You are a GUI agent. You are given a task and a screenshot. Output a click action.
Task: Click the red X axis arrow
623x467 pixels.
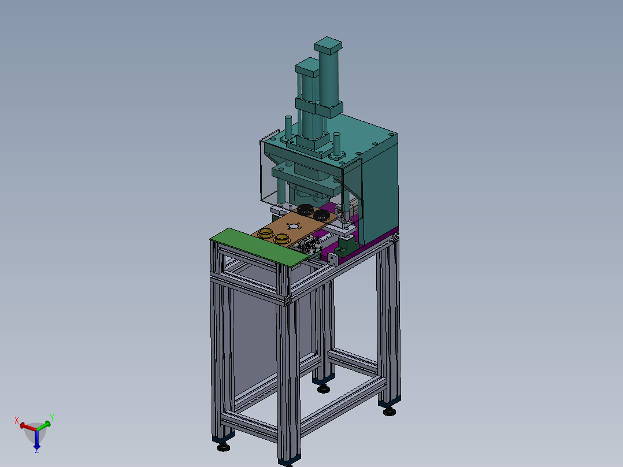coord(27,427)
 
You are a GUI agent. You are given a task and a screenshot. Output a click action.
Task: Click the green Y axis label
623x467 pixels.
coord(51,418)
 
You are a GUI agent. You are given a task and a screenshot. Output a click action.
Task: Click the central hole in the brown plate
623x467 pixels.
coord(293,227)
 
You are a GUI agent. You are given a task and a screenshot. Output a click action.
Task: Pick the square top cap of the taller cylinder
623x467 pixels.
coord(328,46)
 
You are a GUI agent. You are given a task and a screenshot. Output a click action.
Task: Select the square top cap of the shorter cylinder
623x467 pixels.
coord(307,67)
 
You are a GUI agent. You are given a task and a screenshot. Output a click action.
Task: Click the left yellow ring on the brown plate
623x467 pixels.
coord(266,233)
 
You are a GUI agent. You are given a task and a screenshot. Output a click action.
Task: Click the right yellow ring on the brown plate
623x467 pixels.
coord(281,239)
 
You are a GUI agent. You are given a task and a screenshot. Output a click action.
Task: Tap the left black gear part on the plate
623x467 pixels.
coord(306,209)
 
